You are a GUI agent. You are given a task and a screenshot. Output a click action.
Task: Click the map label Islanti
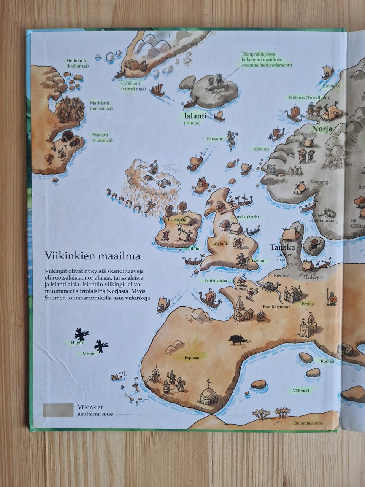195,116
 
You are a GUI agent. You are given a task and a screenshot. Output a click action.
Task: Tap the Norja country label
322,129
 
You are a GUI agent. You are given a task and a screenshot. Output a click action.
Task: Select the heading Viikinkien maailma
92,256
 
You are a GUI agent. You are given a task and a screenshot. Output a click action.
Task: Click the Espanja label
192,357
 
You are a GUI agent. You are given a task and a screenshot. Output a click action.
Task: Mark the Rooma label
327,361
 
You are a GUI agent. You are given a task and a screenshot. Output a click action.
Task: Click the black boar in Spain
239,339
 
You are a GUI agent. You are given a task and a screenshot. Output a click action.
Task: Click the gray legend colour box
58,410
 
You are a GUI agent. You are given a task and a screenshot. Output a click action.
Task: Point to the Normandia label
216,280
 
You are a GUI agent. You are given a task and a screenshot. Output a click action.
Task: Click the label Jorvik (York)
246,217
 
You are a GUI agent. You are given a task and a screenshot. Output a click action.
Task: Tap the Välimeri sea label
301,390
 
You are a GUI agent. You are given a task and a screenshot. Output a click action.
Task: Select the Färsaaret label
216,139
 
